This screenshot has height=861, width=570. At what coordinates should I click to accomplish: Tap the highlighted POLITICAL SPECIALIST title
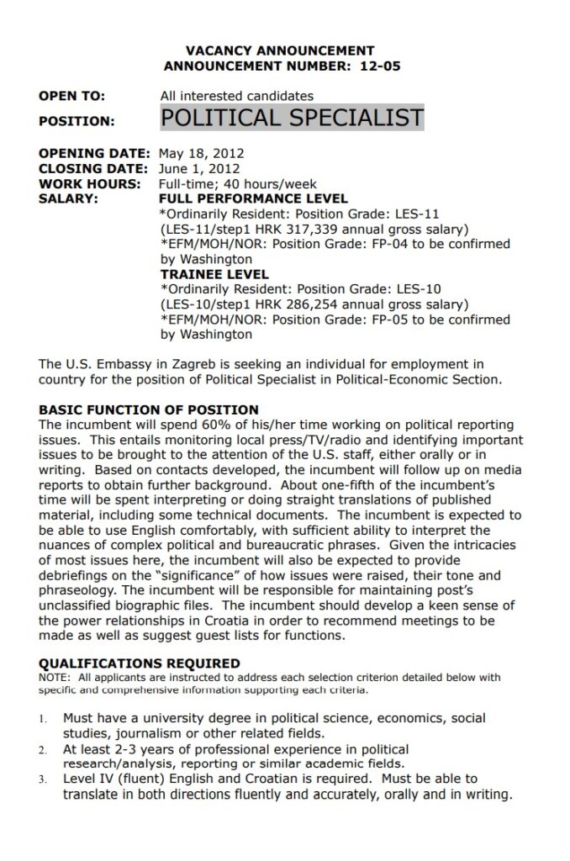point(292,118)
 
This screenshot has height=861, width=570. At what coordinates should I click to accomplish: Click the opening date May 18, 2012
point(201,154)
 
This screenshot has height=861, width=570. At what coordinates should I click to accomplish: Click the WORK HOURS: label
point(89,184)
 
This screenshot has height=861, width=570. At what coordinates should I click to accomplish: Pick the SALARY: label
point(68,199)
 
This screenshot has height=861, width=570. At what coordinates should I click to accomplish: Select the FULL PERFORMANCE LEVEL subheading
point(253,199)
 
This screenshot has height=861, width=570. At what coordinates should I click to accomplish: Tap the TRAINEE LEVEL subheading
point(214,274)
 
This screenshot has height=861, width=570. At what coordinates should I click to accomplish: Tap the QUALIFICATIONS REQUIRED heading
point(140,663)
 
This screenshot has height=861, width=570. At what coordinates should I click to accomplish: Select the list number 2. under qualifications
point(43,749)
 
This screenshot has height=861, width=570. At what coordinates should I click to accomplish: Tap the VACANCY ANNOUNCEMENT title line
point(279,50)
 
